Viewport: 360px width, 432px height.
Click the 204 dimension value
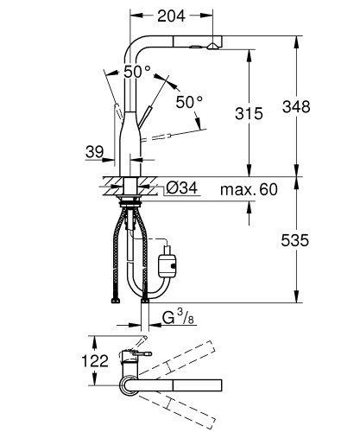170,16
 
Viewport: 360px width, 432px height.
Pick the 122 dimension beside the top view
96,360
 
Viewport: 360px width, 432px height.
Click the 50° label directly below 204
136,72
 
